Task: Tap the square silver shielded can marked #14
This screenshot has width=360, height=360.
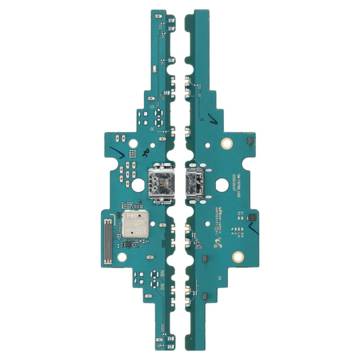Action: [x=136, y=225]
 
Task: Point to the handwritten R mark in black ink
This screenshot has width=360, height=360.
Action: [x=145, y=153]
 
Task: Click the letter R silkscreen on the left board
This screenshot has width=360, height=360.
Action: [x=152, y=129]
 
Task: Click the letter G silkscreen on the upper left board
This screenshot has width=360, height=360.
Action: [x=152, y=107]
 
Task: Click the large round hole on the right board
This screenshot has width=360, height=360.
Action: [x=221, y=184]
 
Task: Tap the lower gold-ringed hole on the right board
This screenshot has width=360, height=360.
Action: [x=238, y=257]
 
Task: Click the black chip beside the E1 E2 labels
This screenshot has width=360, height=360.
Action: [x=251, y=217]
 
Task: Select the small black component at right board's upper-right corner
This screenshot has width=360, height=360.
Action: [x=249, y=143]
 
